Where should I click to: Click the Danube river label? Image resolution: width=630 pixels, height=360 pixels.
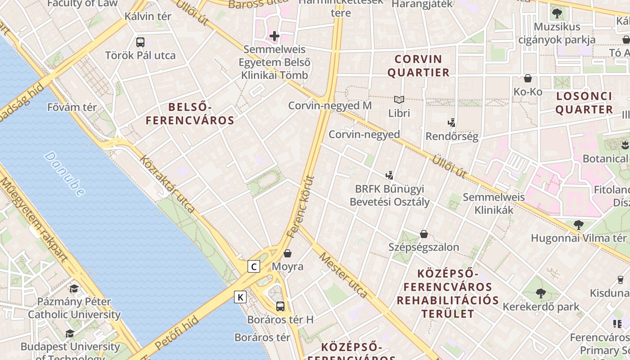pyautogui.click(x=65, y=174)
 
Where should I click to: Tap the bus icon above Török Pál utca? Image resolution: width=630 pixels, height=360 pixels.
pyautogui.click(x=140, y=42)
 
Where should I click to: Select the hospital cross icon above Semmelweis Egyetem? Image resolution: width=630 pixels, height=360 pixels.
pyautogui.click(x=274, y=36)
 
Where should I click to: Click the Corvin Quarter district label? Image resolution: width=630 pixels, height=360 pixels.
pyautogui.click(x=418, y=66)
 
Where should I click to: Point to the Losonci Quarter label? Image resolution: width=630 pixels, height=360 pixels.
pyautogui.click(x=584, y=103)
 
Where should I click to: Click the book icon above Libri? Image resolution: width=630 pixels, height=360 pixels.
pyautogui.click(x=399, y=99)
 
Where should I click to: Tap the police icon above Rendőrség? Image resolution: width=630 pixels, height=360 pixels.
pyautogui.click(x=452, y=122)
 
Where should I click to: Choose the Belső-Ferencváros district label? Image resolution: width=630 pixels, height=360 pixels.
pyautogui.click(x=190, y=114)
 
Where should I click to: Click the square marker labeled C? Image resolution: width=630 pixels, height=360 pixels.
pyautogui.click(x=254, y=266)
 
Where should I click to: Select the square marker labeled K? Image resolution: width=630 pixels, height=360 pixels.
pyautogui.click(x=241, y=297)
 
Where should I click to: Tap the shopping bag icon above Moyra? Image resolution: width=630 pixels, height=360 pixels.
pyautogui.click(x=288, y=253)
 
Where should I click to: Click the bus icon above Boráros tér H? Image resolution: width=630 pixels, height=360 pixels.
pyautogui.click(x=280, y=306)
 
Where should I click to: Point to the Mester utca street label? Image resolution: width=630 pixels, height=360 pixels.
pyautogui.click(x=343, y=275)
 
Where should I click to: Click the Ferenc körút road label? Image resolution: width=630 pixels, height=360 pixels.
pyautogui.click(x=299, y=206)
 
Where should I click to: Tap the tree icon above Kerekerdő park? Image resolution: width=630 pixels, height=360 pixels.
pyautogui.click(x=541, y=293)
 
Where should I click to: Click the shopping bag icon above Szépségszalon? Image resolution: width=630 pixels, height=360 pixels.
pyautogui.click(x=423, y=234)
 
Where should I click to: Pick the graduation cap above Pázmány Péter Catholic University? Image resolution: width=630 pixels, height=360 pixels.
pyautogui.click(x=74, y=288)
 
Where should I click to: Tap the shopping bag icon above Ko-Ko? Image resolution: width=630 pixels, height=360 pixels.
pyautogui.click(x=528, y=78)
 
